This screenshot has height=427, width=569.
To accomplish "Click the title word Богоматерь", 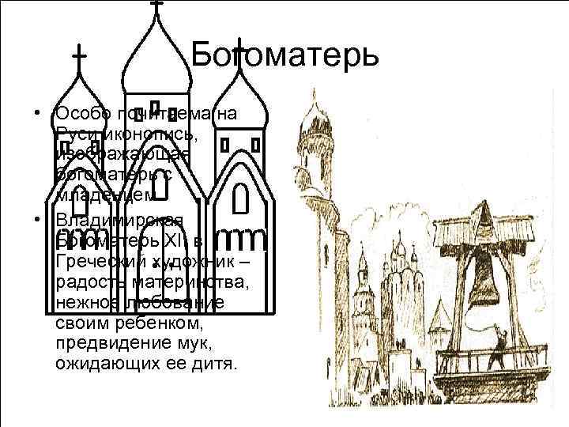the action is pos(285,55).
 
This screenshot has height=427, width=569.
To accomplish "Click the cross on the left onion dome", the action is pos(79,56).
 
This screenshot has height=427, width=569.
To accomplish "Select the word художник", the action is pos(193,262).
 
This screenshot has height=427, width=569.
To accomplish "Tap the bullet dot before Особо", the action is pos(38,113).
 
